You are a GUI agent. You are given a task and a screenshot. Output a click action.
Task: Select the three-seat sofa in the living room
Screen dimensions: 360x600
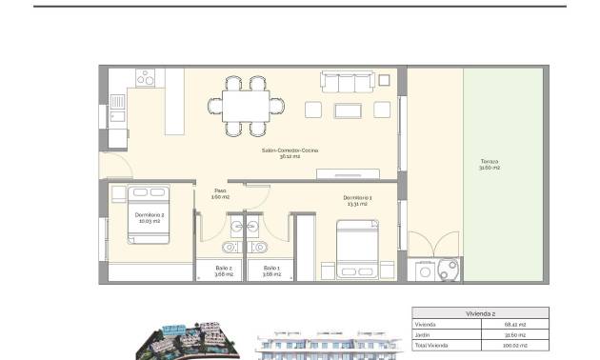353,81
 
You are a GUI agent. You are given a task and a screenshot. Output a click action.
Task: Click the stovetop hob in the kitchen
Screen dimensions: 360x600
146,80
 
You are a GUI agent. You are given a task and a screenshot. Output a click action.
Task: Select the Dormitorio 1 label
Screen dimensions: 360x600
358,202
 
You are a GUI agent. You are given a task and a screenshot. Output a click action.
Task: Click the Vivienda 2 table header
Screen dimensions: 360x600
480,312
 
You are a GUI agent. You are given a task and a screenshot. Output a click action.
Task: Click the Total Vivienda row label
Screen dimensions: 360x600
432,345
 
